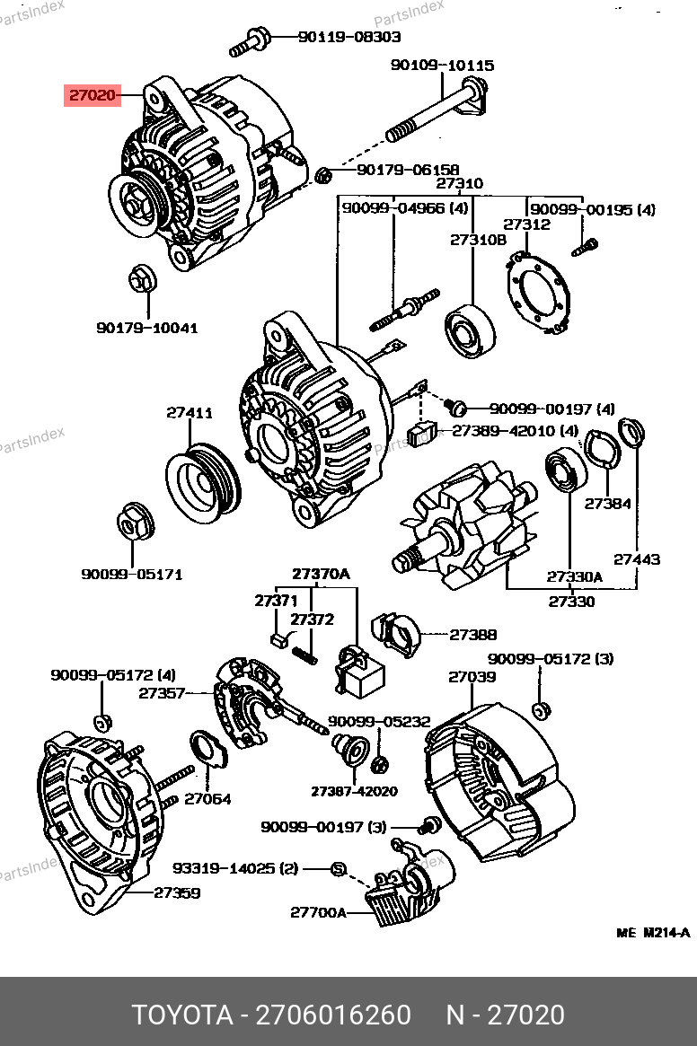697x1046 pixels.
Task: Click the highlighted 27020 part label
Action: pos(93,95)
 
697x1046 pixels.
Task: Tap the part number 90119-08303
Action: pos(349,37)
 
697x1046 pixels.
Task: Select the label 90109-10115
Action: pos(442,66)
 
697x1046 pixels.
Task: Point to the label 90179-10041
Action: pos(147,329)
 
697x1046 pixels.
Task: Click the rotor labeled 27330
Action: pos(467,527)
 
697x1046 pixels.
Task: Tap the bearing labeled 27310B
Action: pos(470,331)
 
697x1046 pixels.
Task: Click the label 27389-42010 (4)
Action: pos(515,431)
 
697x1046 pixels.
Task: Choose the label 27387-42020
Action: pos(354,792)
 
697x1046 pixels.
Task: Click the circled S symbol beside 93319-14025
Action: pos(340,868)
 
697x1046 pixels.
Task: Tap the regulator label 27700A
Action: pos(318,912)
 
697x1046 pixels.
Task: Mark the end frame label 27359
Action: pos(177,893)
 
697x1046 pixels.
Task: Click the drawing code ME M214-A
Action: pos(653,933)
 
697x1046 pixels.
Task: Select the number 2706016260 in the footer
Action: pos(334,1015)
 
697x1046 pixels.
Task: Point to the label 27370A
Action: pos(322,574)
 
